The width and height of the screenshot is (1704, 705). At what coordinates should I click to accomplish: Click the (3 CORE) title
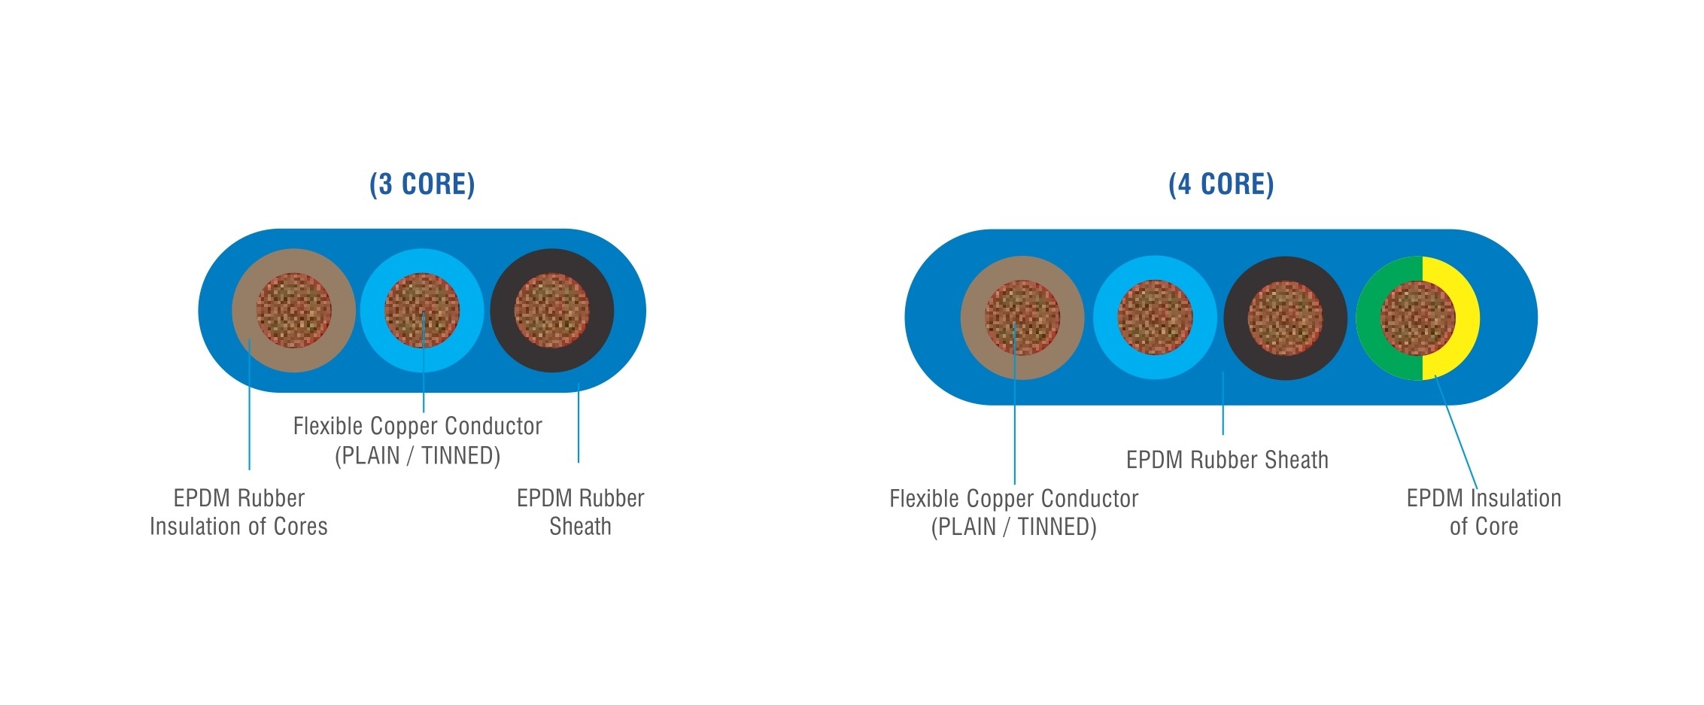422,184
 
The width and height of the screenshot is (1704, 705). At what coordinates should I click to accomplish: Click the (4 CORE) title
1221,184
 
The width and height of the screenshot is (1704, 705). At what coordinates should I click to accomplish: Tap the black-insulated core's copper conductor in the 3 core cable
551,311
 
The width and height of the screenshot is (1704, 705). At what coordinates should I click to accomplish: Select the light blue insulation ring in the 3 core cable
374,311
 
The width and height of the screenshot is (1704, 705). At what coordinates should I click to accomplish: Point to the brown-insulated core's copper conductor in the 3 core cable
293,311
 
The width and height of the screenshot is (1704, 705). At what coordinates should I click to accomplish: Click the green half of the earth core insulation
1368,318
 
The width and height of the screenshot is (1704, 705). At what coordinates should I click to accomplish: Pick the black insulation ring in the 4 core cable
1236,318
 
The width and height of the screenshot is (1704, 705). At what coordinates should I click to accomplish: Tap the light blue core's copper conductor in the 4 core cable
1155,318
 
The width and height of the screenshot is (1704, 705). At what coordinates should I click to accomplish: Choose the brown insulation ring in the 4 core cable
973,318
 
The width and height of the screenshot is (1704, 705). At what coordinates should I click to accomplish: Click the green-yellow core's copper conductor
1417,318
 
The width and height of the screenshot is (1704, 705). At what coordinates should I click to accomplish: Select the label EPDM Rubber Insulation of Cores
238,512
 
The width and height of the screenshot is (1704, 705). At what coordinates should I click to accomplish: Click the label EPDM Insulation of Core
1484,512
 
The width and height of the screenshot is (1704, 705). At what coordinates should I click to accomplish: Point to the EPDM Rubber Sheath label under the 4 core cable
1227,460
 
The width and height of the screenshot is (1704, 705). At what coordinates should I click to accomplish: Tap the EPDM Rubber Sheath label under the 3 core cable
580,512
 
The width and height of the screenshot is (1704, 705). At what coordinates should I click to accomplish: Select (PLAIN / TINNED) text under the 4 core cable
1013,527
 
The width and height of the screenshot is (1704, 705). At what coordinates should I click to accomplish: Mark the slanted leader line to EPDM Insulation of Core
1456,432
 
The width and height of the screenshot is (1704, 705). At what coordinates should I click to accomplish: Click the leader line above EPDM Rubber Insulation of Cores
249,404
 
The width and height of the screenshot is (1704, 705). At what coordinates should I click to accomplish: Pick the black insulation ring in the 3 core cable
503,311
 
